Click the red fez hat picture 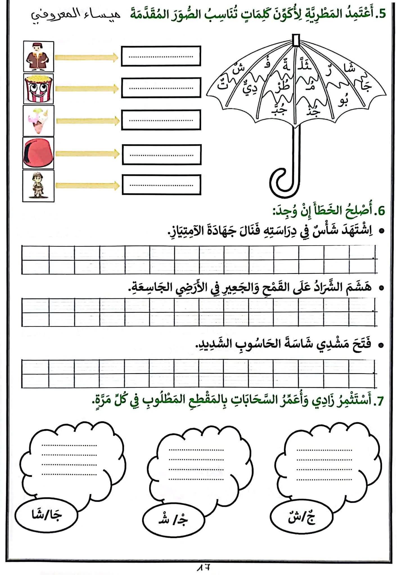click(x=38, y=153)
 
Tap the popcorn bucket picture click(x=38, y=89)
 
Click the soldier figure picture click(x=38, y=186)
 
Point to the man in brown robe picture click(x=38, y=57)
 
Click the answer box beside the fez click(x=161, y=155)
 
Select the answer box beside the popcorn click(x=161, y=88)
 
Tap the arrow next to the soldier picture click(x=87, y=186)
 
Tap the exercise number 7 click(x=379, y=401)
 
